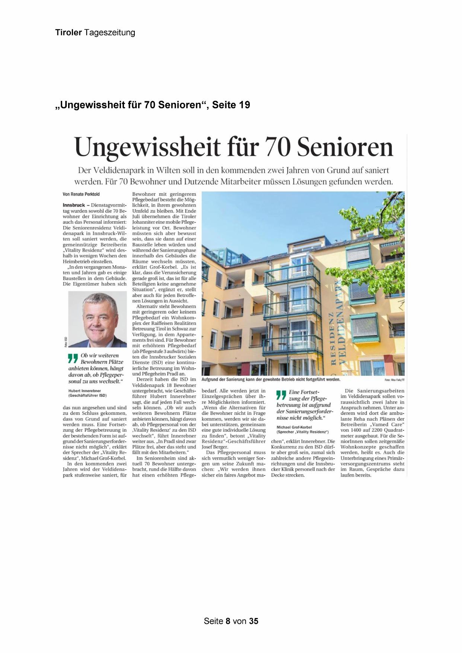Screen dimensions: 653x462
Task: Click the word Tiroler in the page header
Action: click(68, 33)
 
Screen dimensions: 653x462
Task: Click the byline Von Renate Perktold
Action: click(81, 194)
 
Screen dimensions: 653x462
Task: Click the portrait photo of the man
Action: click(98, 319)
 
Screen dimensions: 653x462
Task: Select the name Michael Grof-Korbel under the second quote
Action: click(294, 427)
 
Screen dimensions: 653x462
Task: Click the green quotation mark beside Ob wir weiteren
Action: click(73, 358)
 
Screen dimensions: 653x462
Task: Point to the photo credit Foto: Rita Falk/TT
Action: click(394, 380)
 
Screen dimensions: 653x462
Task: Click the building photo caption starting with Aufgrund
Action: click(271, 379)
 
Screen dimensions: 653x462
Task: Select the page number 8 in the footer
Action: click(228, 621)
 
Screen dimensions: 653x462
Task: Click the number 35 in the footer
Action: click(254, 621)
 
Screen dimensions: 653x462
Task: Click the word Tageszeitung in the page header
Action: click(109, 33)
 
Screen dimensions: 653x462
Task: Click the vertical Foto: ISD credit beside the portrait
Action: click(66, 342)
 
